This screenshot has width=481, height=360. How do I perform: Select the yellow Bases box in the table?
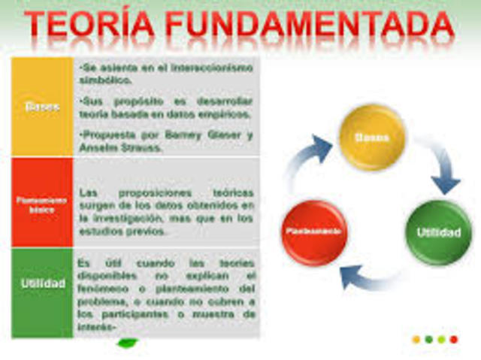[42, 106]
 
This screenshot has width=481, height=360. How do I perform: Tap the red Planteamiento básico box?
[42, 204]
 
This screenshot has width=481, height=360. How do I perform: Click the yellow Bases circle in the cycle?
[372, 138]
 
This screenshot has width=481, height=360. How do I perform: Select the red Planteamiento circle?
[313, 231]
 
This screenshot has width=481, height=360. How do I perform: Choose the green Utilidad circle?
[438, 231]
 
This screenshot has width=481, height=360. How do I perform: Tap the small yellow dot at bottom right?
[416, 339]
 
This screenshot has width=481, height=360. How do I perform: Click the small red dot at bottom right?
[453, 339]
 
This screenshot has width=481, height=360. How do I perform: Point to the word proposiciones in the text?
[169, 192]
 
